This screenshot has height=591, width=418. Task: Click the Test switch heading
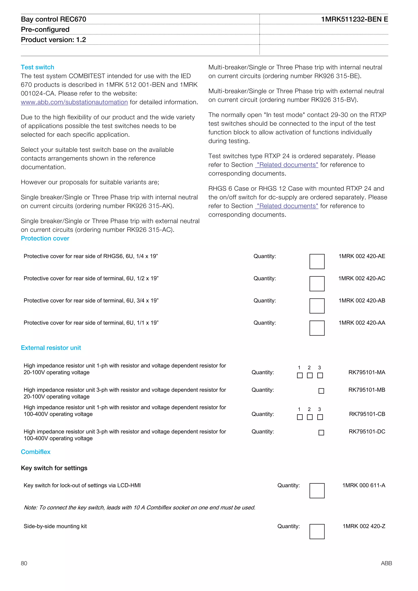(37, 67)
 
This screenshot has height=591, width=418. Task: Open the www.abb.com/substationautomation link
(74, 102)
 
